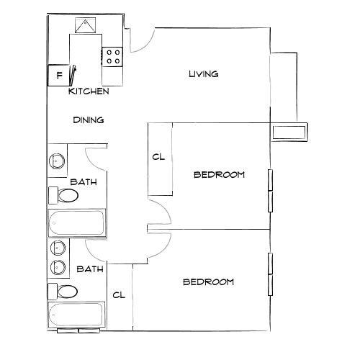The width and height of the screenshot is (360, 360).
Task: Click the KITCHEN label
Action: tap(89, 92)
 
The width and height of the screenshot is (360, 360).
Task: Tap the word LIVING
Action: tap(203, 74)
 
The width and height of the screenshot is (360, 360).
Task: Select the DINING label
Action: tap(89, 120)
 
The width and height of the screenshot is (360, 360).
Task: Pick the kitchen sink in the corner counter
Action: tap(86, 26)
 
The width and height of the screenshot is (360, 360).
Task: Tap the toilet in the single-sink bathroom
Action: tap(66, 195)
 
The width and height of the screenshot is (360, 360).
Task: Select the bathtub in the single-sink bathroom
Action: tap(76, 223)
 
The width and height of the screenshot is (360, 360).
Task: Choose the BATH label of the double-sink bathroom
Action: tap(90, 269)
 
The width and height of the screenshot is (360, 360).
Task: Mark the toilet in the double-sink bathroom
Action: tap(66, 292)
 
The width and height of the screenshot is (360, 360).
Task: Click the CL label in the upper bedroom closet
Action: tap(158, 158)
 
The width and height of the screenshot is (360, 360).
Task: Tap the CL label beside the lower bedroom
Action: tap(120, 295)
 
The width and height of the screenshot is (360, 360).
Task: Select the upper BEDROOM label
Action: tap(220, 175)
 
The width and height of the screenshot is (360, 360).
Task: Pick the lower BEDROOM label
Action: tap(208, 282)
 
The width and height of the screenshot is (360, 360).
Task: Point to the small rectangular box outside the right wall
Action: tap(290, 131)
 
